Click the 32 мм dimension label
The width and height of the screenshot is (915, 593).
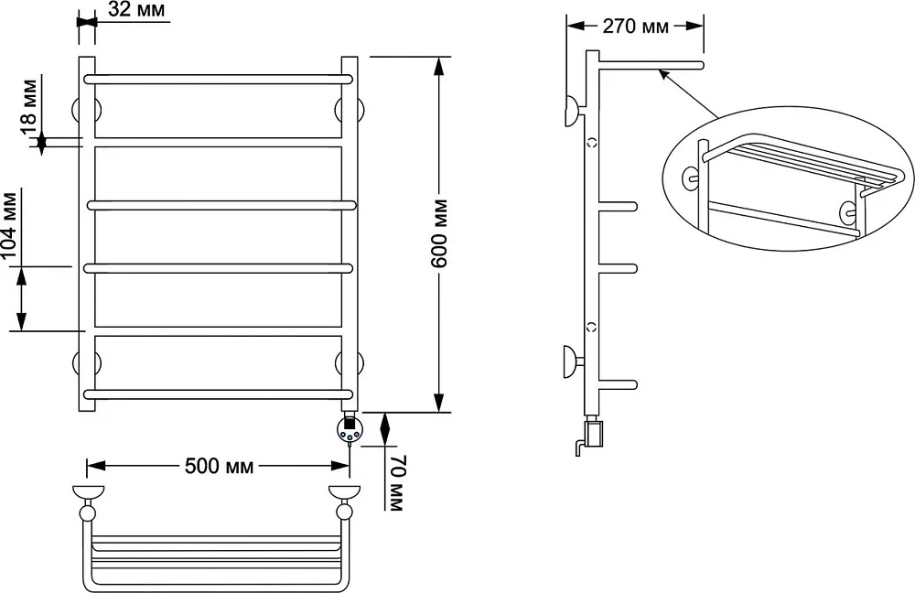coord(136,9)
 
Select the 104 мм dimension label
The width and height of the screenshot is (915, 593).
coord(10,226)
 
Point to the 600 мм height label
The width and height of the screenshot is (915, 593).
coord(439,233)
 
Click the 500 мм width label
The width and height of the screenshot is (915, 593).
coord(219,466)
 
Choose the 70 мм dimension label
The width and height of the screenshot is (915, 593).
coord(395,483)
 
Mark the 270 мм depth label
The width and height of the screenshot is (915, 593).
coord(636,27)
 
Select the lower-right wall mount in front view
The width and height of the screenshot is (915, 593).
coord(350,363)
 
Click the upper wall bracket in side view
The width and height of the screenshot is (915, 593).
coord(574,111)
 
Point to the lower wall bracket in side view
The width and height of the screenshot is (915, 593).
coord(573,361)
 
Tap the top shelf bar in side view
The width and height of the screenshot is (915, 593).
coord(651,65)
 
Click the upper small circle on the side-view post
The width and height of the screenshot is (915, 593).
coord(592,141)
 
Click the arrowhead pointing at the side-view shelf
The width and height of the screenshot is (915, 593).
coord(663,74)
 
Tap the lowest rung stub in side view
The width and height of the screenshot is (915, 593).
coord(618,384)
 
